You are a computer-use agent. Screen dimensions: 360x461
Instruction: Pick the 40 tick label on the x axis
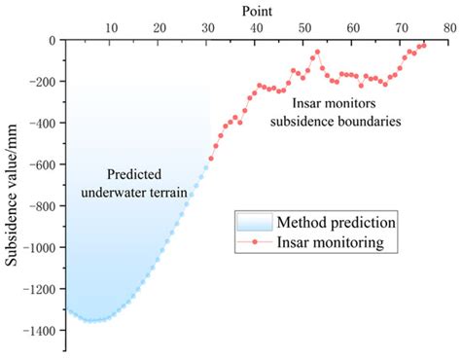[x=257, y=28]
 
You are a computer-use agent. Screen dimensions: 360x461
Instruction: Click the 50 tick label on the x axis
[x=305, y=28]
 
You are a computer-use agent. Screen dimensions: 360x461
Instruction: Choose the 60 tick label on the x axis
[x=354, y=28]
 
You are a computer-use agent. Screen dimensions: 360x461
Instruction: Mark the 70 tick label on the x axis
[x=403, y=28]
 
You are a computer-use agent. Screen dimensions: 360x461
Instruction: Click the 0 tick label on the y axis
[x=52, y=41]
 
